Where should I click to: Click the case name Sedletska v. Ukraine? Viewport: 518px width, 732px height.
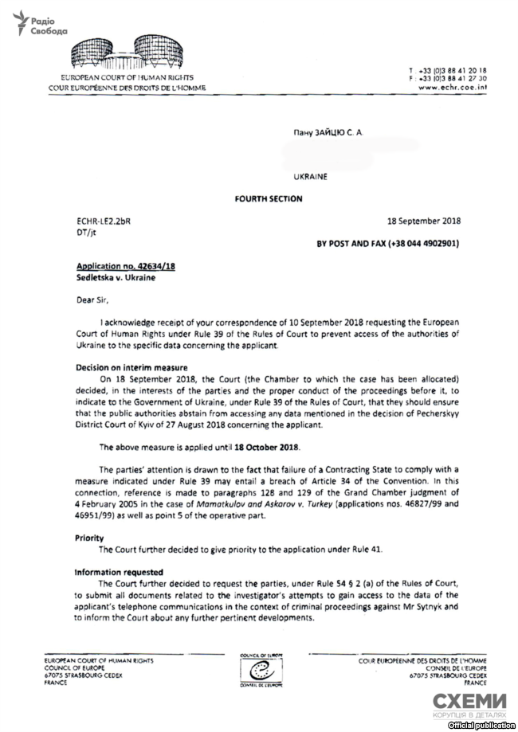coord(115,278)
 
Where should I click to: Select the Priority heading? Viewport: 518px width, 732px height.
coord(90,538)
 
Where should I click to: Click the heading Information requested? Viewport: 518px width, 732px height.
coord(119,572)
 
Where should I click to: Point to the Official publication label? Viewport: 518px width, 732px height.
coord(481,726)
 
